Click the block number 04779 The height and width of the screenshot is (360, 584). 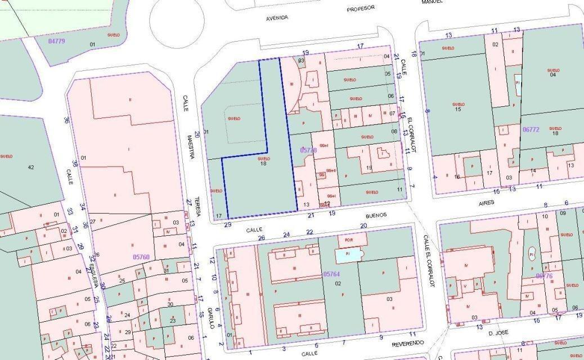57,41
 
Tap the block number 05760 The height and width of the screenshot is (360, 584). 141,256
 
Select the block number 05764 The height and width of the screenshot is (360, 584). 331,274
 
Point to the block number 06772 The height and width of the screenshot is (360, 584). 531,129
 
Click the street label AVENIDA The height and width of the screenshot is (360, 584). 277,18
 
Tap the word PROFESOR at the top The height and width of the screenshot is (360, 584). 361,9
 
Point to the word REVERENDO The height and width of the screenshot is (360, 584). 394,343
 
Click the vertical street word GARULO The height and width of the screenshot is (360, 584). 209,318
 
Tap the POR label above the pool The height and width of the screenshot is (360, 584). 348,238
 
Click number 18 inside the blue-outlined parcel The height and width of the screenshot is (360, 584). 263,164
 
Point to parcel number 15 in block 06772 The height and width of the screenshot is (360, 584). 458,109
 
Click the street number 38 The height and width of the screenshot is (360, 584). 75,164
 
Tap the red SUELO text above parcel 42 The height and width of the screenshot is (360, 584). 7,156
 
